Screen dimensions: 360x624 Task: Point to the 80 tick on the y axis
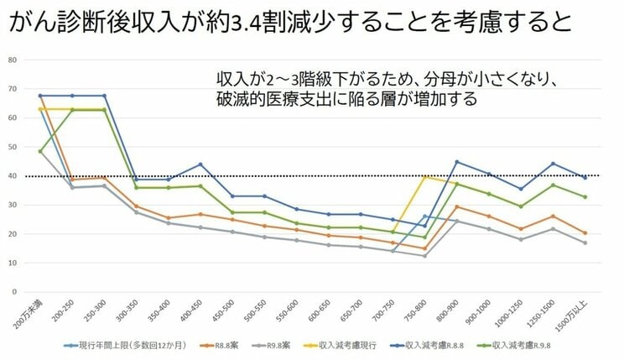(x=13, y=60)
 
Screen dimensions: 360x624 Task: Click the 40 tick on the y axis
(x=13, y=175)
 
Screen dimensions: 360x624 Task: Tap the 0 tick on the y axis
(x=14, y=292)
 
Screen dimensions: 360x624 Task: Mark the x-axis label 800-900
(x=451, y=312)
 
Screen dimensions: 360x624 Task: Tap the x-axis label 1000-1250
(x=515, y=314)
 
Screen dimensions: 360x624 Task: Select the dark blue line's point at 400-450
(x=200, y=164)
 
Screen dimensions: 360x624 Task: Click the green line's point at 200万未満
(x=40, y=151)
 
